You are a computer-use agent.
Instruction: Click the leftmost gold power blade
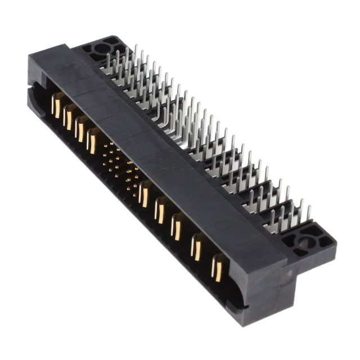tap(57, 106)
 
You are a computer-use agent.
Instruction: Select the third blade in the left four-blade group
tap(82, 129)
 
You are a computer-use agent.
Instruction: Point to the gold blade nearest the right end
tap(218, 266)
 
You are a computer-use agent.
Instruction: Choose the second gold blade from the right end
tap(197, 247)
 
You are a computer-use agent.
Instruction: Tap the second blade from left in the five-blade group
tap(161, 210)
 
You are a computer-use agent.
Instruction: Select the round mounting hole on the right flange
tap(304, 244)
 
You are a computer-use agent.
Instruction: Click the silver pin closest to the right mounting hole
tap(309, 213)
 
